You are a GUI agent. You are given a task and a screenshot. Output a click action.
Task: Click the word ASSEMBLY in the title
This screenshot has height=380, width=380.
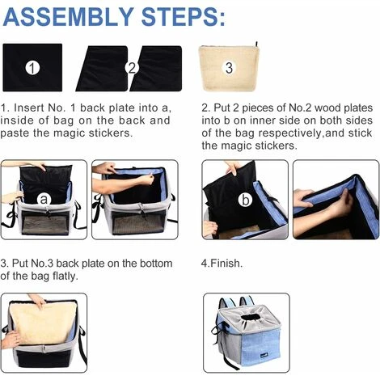pos(68,17)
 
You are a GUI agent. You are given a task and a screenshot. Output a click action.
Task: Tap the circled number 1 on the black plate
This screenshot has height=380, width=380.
pos(32,68)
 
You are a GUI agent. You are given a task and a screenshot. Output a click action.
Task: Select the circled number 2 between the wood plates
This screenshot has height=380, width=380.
pos(132,68)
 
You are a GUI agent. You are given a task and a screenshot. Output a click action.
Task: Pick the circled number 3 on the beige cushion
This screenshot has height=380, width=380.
pos(229,67)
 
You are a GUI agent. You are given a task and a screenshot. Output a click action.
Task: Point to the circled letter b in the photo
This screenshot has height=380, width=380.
pos(246,201)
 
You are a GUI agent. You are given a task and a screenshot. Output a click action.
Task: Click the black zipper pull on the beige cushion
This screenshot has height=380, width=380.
pos(256,44)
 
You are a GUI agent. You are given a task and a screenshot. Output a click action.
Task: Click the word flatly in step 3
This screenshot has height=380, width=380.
pos(65,277)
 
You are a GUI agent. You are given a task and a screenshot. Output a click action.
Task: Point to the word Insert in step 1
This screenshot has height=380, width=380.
pos(28,108)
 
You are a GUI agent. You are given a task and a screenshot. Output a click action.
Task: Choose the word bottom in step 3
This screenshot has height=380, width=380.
pos(156,264)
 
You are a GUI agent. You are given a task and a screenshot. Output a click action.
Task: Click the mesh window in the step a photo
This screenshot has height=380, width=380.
pos(45,222)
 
